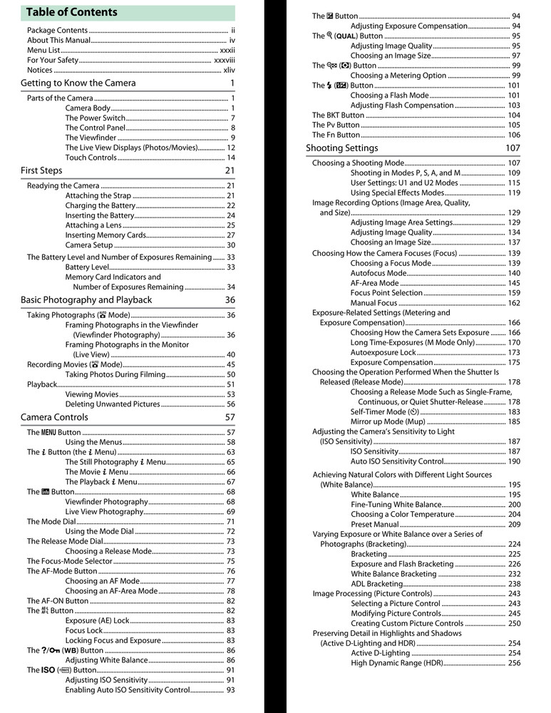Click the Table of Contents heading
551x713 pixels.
[71, 12]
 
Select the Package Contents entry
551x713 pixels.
[57, 31]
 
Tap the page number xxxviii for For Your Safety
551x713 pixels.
[225, 61]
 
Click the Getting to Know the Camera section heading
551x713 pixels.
[78, 83]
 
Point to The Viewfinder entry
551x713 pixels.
[90, 138]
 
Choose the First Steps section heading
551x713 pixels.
[41, 171]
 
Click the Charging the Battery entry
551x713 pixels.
[100, 206]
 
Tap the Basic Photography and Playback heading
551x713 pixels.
[86, 300]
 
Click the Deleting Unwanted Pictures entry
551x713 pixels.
[112, 404]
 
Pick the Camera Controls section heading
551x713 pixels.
[54, 418]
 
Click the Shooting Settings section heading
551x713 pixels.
[342, 148]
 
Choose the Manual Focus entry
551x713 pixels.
[374, 303]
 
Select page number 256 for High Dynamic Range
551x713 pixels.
[514, 663]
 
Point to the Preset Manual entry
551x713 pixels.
[375, 525]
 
